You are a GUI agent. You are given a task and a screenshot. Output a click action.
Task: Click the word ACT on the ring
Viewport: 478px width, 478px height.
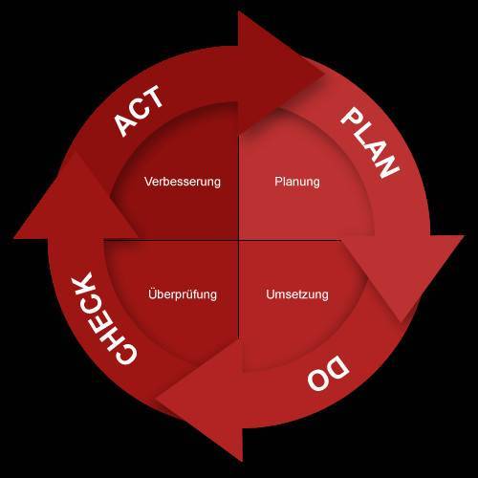(x=140, y=111)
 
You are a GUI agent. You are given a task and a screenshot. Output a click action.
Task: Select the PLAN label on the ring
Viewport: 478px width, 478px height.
(x=370, y=142)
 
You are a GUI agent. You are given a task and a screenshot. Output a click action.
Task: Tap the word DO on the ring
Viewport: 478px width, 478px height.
(x=329, y=373)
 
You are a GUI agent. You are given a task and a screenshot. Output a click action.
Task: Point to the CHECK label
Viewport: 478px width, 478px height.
(x=103, y=318)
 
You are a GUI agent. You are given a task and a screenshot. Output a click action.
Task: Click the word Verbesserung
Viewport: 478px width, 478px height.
(x=183, y=182)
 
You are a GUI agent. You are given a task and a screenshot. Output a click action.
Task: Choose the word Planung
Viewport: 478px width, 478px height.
(x=297, y=182)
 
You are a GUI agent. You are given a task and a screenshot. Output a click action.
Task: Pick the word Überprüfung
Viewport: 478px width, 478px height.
(x=183, y=293)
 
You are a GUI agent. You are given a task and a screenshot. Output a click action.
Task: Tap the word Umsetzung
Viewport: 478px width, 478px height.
(x=297, y=294)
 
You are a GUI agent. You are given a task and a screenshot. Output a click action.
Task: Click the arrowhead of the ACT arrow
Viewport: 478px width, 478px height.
(x=280, y=70)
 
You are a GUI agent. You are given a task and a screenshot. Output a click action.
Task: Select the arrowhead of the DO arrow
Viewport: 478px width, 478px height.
(x=204, y=402)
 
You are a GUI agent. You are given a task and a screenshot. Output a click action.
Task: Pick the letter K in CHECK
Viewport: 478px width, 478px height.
(x=82, y=283)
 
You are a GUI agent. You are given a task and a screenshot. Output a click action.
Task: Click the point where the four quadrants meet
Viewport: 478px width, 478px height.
(x=239, y=240)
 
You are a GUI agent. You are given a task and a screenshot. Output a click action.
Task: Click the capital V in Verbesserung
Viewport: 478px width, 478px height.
(x=148, y=182)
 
